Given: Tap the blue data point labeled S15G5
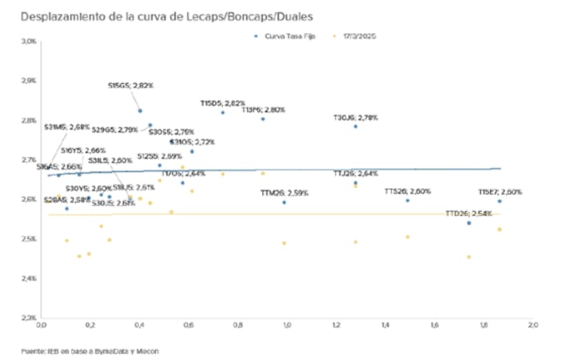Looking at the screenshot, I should coord(140,110).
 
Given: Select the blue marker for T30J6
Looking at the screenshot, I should coord(355,126).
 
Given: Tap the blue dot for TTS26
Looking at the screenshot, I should coord(407,200).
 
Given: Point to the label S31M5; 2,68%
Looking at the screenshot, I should coord(67,127).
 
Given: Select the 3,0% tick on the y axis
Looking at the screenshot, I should coord(28,41).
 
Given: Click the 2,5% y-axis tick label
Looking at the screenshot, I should coord(28,238).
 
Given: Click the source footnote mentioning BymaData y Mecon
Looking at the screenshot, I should coord(90,351).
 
